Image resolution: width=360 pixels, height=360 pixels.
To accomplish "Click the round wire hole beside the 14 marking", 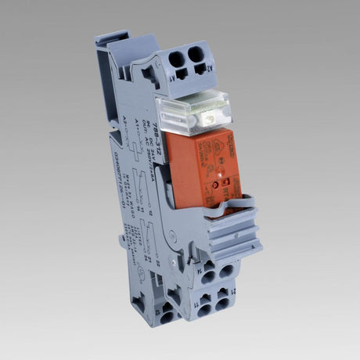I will point(209,276).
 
